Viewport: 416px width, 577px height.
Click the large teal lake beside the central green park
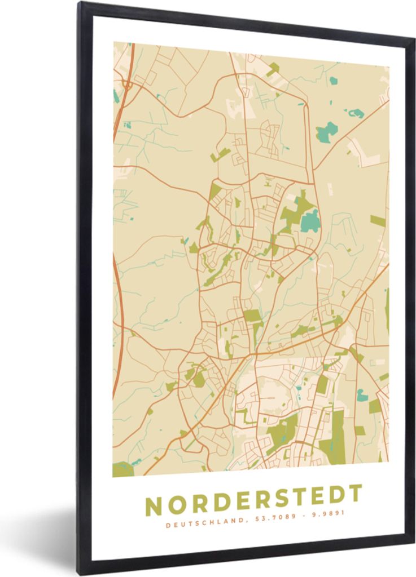pos(309,221)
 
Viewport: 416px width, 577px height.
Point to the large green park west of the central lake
pos(294,212)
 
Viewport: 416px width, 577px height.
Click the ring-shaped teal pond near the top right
pos(356,113)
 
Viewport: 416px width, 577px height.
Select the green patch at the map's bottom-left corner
pos(122,469)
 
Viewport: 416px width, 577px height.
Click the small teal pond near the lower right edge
pos(362,396)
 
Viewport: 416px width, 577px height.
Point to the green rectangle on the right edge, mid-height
pos(378,220)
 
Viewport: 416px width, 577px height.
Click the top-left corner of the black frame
pos(81,4)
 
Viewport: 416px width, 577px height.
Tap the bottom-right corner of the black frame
pos(413,541)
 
